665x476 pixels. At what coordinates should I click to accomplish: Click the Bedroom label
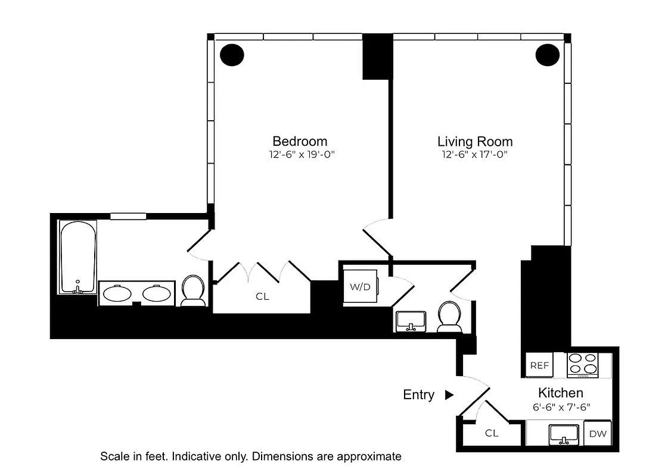pyautogui.click(x=300, y=141)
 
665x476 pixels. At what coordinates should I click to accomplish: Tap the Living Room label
pyautogui.click(x=475, y=142)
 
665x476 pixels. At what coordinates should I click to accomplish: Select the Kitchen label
pyautogui.click(x=560, y=393)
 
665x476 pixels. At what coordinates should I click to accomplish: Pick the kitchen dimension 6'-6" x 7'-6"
pyautogui.click(x=560, y=407)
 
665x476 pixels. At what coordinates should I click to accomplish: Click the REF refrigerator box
pyautogui.click(x=539, y=365)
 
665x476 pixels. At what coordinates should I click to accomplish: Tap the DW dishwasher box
pyautogui.click(x=598, y=434)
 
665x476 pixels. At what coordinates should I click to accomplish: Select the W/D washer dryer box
pyautogui.click(x=360, y=287)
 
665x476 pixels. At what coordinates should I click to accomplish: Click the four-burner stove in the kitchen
pyautogui.click(x=582, y=365)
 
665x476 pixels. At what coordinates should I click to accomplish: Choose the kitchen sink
pyautogui.click(x=563, y=434)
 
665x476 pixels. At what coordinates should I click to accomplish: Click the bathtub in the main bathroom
pyautogui.click(x=77, y=257)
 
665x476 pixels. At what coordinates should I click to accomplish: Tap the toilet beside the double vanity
pyautogui.click(x=193, y=290)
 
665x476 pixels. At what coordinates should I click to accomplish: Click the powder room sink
pyautogui.click(x=411, y=320)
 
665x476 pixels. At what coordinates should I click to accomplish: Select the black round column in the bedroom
pyautogui.click(x=232, y=55)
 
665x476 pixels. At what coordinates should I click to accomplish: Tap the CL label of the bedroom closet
pyautogui.click(x=262, y=296)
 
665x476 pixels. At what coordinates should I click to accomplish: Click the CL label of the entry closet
pyautogui.click(x=491, y=433)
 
